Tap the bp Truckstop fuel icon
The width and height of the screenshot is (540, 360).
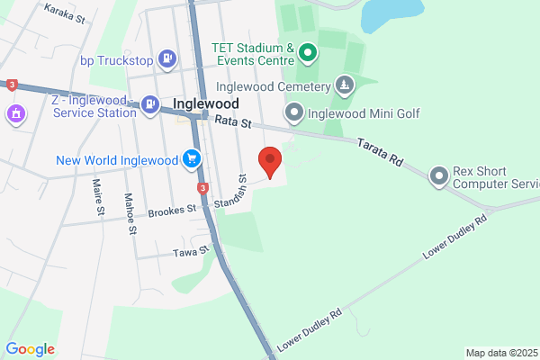(x=167, y=60)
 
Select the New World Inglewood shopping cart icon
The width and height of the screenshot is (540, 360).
(x=191, y=160)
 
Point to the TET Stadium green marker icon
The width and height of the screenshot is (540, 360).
(x=308, y=53)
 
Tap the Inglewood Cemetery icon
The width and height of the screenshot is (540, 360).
(x=344, y=85)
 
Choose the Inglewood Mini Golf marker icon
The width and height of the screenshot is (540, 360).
(x=294, y=113)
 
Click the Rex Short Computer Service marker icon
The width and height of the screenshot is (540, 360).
(x=438, y=175)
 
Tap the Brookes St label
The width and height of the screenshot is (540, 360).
(x=174, y=210)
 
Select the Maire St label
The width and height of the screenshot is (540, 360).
(x=97, y=198)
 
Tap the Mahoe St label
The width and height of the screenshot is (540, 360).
(x=130, y=213)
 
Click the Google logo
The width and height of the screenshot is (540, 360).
(x=30, y=349)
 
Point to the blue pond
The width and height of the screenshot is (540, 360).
(x=392, y=14)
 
